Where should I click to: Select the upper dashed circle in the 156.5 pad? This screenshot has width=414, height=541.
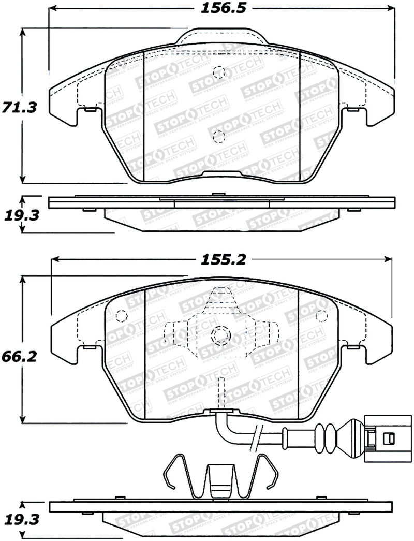(x=219, y=72)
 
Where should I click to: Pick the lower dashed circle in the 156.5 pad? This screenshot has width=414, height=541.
(x=219, y=136)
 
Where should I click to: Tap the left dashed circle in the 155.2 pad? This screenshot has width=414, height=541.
(x=122, y=315)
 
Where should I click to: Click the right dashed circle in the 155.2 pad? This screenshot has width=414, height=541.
(x=321, y=315)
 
